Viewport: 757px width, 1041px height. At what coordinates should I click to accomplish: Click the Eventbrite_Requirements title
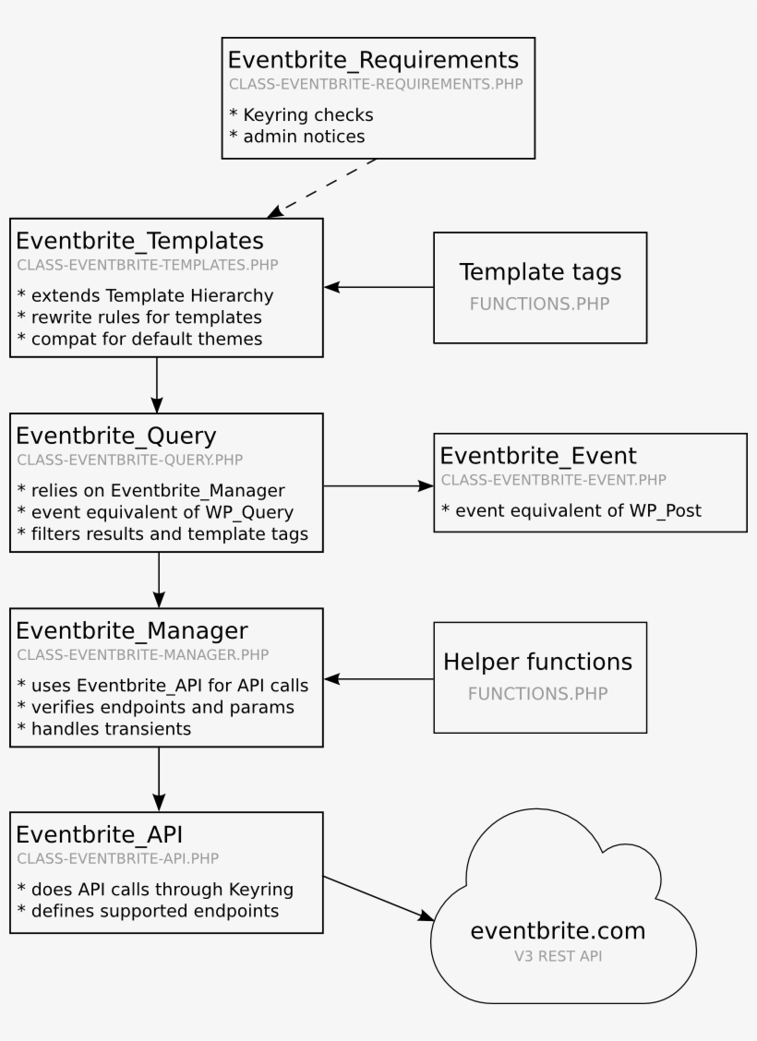[373, 60]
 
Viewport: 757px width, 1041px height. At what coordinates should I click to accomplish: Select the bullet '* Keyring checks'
[300, 115]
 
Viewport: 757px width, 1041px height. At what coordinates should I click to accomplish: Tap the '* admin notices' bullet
[296, 137]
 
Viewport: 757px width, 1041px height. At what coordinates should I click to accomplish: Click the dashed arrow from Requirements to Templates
[323, 188]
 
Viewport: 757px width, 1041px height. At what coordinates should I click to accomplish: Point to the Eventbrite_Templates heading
[139, 241]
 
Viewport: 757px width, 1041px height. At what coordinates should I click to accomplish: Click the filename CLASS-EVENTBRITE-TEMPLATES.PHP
[148, 264]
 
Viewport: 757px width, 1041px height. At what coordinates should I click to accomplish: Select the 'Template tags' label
[540, 272]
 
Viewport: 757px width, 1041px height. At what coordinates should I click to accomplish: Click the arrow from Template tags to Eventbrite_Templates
[378, 287]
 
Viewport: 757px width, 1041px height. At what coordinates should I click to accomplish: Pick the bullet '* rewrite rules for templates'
[138, 317]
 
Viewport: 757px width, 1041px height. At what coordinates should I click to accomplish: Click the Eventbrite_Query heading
[117, 436]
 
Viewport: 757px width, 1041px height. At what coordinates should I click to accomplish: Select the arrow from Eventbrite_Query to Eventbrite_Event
[378, 485]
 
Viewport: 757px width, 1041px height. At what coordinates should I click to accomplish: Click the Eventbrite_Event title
[538, 456]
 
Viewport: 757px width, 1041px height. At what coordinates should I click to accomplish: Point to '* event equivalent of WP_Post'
[571, 510]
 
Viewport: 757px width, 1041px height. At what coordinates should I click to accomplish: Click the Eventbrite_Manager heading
[132, 630]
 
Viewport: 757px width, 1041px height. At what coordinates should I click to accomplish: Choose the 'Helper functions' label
[538, 662]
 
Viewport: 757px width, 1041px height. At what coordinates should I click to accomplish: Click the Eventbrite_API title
[100, 834]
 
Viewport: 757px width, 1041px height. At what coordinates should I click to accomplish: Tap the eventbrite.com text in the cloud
[558, 930]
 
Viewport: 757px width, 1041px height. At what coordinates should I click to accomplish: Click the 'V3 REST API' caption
[558, 956]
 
